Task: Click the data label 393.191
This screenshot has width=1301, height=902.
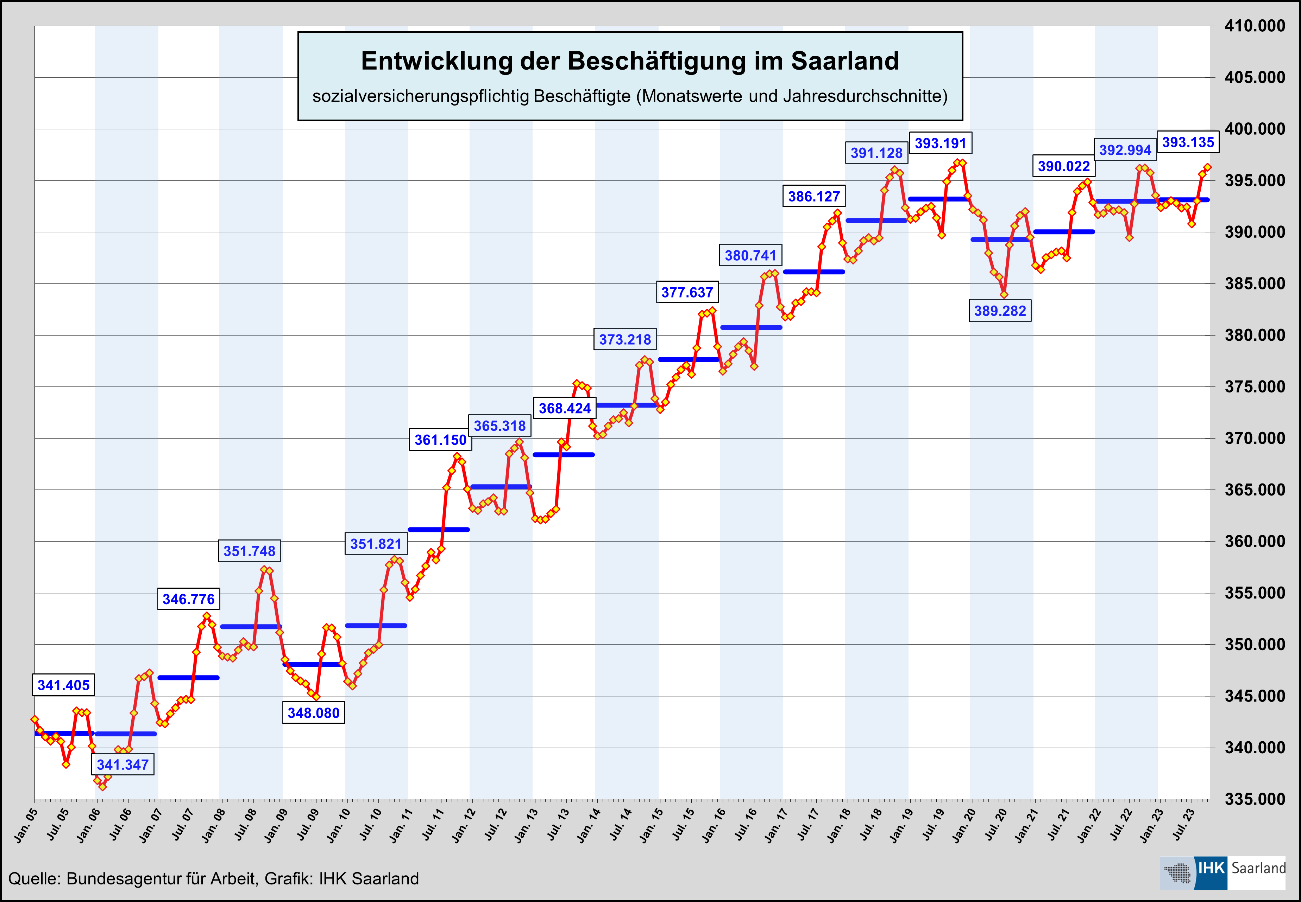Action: point(940,143)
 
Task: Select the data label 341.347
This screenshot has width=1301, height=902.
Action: point(123,765)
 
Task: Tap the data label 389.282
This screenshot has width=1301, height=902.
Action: point(999,311)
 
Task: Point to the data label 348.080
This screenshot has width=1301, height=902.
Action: point(313,713)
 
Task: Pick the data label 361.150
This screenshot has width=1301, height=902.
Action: point(440,440)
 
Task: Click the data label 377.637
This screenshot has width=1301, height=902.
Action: point(687,292)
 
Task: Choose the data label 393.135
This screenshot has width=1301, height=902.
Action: point(1188,142)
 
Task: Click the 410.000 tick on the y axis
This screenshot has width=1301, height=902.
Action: point(1255,26)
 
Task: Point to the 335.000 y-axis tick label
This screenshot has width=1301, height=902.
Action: point(1255,799)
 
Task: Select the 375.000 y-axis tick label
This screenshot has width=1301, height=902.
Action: point(1255,386)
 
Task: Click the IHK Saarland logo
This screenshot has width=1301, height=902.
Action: point(1222,872)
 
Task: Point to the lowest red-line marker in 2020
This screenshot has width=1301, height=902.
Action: point(1004,294)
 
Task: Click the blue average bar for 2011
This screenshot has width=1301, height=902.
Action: point(438,530)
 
